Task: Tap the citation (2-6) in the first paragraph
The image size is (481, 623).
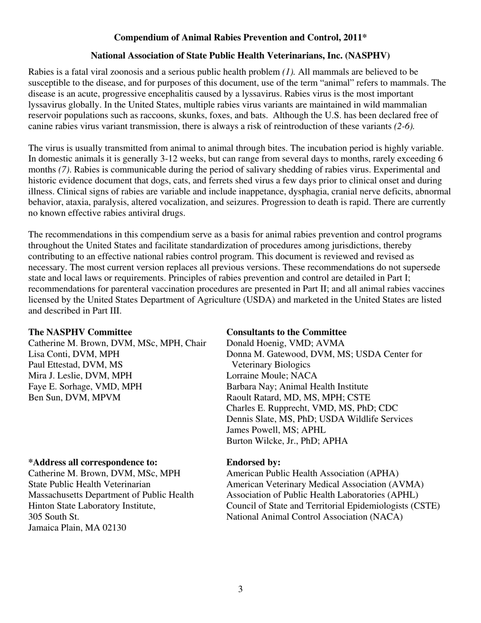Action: click(404, 126)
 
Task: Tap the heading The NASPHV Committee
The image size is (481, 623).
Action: click(80, 332)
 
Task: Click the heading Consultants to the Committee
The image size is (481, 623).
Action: click(286, 332)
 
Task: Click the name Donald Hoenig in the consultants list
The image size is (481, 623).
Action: click(253, 343)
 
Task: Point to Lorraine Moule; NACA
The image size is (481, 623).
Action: click(271, 376)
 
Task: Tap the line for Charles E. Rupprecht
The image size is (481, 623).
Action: click(312, 408)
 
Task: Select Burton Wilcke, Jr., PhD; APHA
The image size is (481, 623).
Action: click(287, 441)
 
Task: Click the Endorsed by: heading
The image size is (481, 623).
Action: click(253, 462)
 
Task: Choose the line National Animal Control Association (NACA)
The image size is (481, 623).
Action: click(314, 517)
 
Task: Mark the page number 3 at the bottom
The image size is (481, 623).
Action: click(240, 589)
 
